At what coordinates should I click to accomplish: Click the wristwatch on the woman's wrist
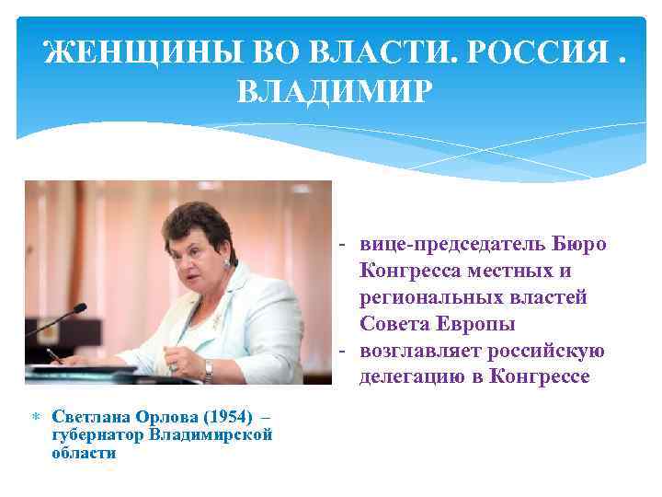point(208,369)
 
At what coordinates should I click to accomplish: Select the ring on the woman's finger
point(172,366)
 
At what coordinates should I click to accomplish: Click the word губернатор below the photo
point(99,434)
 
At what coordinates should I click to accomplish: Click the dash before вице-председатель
point(341,245)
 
